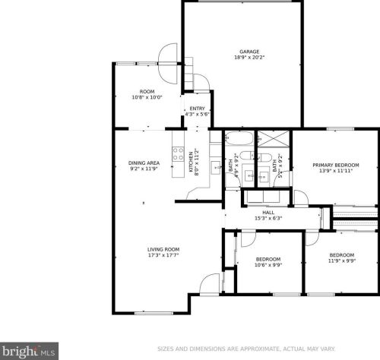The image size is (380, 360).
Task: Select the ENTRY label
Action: click(197, 109)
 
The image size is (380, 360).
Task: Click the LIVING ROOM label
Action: click(163, 249)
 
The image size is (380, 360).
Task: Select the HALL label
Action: click(268, 213)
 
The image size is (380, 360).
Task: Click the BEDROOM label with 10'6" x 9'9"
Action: click(267, 259)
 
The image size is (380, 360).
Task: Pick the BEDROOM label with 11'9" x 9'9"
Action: click(341, 255)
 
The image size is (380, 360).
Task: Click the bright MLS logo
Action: click(29, 351)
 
